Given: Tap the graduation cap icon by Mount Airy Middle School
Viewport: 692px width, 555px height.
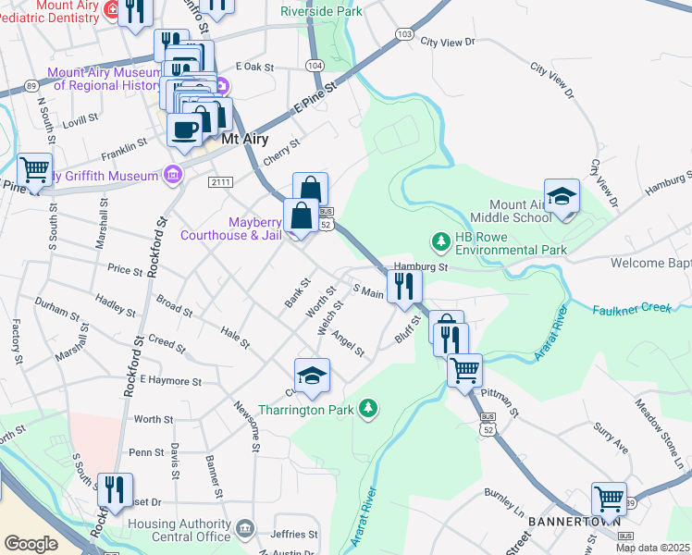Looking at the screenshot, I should (562, 198).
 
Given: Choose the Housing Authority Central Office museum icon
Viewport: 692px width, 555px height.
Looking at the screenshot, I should (245, 528).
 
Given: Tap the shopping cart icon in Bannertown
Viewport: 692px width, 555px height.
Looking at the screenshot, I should (610, 499).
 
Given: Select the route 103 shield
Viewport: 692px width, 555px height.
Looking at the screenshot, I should (403, 34).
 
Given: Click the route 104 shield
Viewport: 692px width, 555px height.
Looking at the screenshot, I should (315, 66).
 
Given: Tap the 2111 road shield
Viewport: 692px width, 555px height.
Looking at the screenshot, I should (219, 181).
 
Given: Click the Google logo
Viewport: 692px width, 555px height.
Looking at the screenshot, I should (31, 544).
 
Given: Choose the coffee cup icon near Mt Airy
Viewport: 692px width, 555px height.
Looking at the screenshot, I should (185, 129).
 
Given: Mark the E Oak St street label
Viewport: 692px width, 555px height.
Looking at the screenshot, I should (255, 67).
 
